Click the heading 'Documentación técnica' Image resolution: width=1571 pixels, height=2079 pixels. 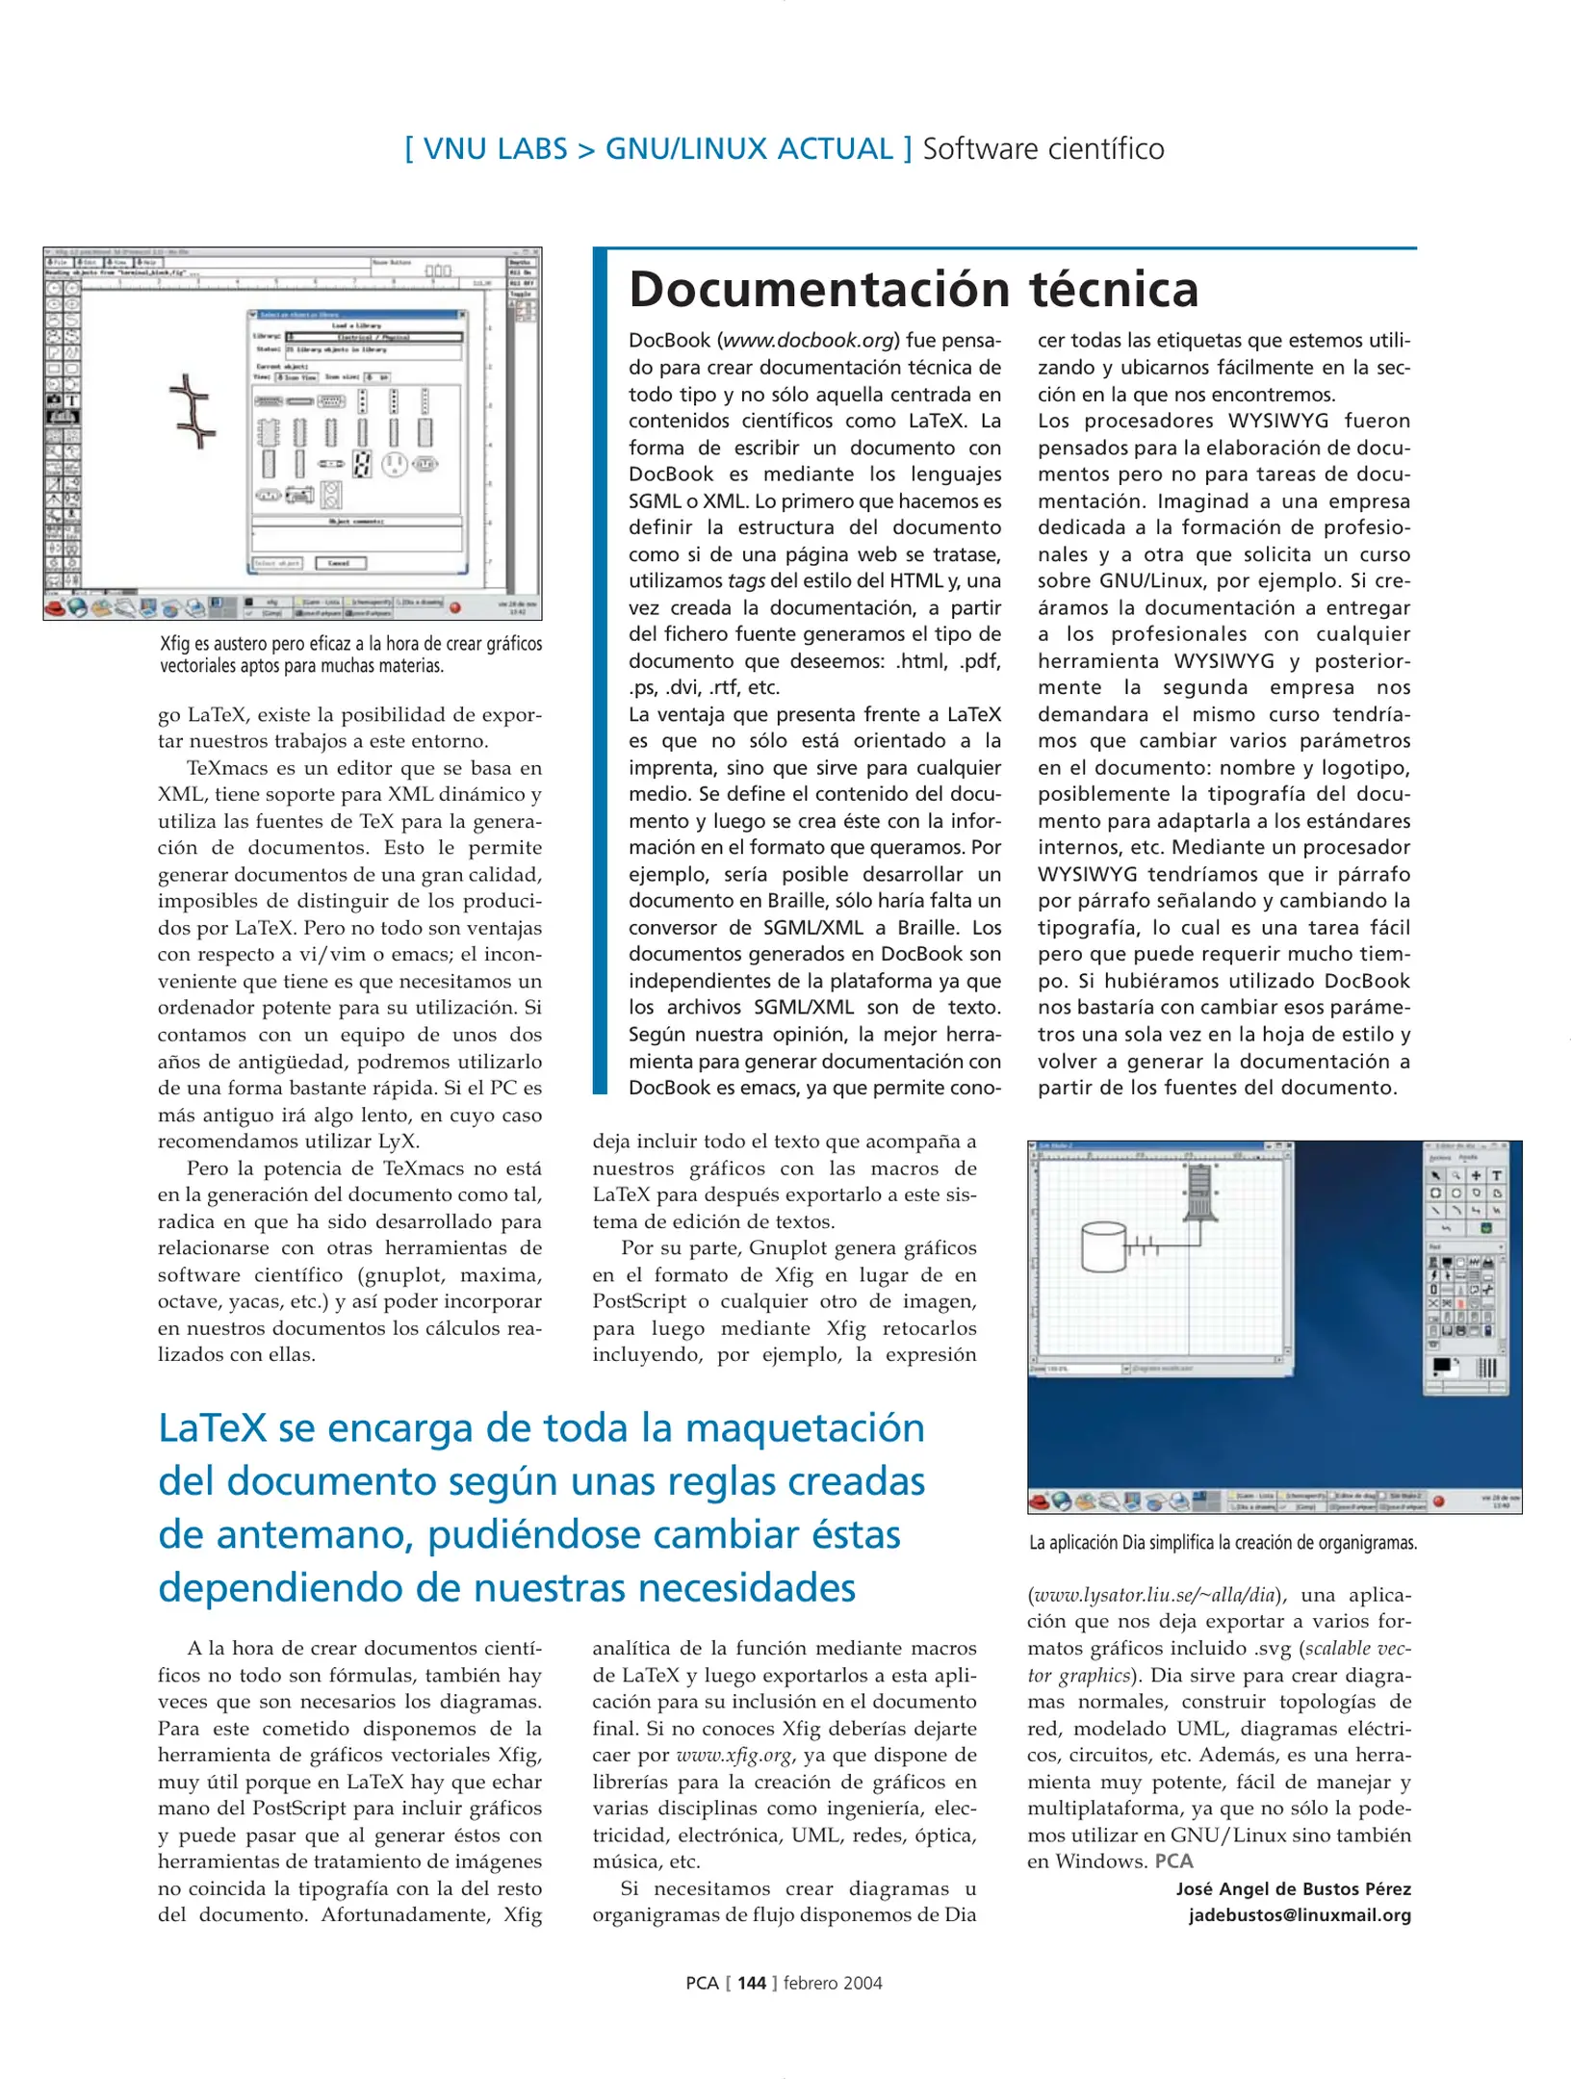[x=913, y=290]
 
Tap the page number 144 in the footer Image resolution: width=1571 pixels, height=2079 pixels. [x=751, y=1983]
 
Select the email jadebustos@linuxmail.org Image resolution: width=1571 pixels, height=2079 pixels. [x=1299, y=1914]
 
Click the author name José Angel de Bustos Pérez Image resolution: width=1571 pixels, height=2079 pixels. [x=1293, y=1888]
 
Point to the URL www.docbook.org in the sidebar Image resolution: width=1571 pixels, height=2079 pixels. [x=808, y=341]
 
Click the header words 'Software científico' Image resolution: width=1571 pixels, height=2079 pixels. [x=1043, y=149]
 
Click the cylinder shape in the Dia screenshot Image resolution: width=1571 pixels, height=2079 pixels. [x=1103, y=1247]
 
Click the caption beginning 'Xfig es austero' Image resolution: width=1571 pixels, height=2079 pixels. [x=350, y=654]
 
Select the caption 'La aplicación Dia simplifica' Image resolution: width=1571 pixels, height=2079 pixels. [x=1222, y=1543]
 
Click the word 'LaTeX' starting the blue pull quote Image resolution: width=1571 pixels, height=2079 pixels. [x=211, y=1428]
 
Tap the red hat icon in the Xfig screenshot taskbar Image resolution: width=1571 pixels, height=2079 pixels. [x=56, y=608]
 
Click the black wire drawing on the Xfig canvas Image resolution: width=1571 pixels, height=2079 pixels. [x=193, y=411]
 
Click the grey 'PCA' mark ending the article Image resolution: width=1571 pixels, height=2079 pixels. [x=1173, y=1861]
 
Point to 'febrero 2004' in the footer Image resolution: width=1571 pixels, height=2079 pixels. [x=833, y=1983]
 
